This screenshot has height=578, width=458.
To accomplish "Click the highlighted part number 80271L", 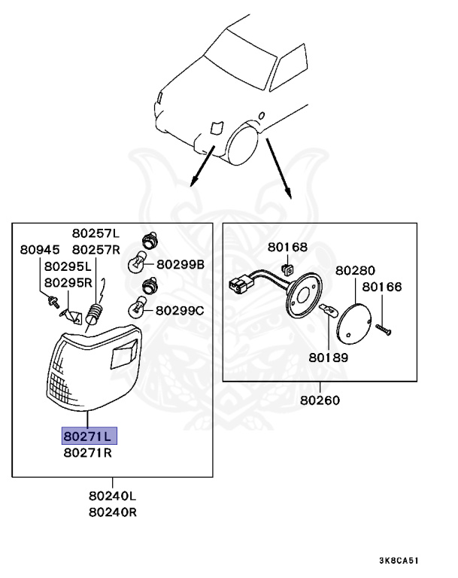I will [x=86, y=437].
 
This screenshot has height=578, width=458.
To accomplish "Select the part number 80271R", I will [x=86, y=453].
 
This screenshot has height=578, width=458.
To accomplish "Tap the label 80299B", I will [x=180, y=264].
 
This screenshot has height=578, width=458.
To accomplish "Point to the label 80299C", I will [x=180, y=310].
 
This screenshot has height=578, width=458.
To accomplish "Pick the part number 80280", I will [x=355, y=270].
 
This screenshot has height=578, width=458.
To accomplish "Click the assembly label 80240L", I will [x=113, y=496].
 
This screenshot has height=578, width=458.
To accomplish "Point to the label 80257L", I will [x=96, y=233].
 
